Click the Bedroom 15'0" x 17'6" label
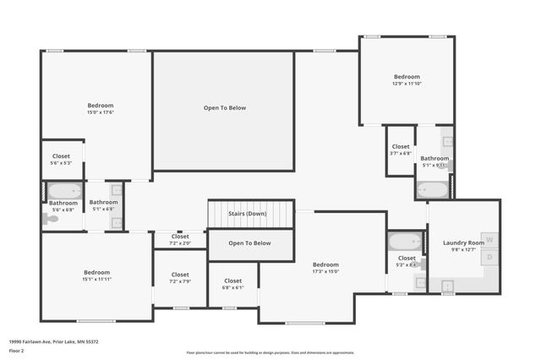pos(100,109)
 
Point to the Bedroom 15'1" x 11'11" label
pos(96,275)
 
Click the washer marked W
pos(489,240)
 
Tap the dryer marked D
pos(489,257)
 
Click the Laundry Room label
pos(463,243)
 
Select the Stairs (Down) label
pos(250,214)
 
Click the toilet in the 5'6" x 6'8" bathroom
pos(52,218)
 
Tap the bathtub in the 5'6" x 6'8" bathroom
pos(63,191)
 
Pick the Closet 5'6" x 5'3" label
pos(62,160)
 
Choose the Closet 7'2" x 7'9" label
pos(180,278)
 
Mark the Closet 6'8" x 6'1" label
pos(232,284)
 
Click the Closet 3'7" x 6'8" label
pos(401,150)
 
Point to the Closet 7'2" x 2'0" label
pos(180,239)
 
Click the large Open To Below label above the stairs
pos(224,107)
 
